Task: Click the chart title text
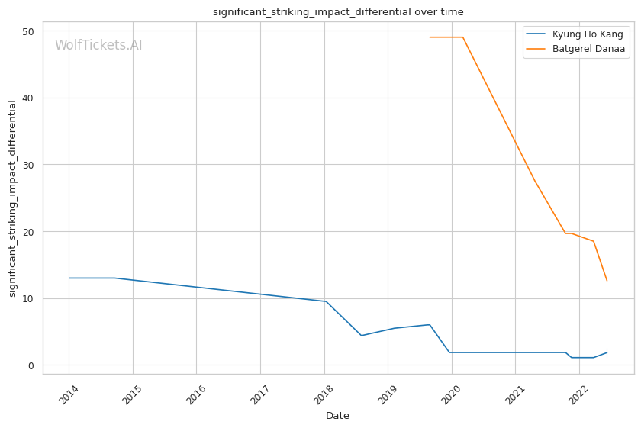coord(338,12)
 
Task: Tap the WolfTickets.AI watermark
coord(98,45)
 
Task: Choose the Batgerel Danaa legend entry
coord(588,49)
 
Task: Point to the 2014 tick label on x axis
coord(68,395)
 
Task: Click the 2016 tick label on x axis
coord(195,395)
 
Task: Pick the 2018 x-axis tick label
coord(324,395)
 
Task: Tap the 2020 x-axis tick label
coord(451,395)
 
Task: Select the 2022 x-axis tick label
coord(578,395)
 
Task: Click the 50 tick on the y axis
coord(29,31)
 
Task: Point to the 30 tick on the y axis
coord(29,165)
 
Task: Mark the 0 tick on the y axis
coord(32,365)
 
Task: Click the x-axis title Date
coord(337,416)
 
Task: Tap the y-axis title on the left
coord(12,198)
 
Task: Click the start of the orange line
coord(430,37)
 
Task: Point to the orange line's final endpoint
coord(607,281)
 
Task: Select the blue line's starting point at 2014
coord(69,278)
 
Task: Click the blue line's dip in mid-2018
coord(362,336)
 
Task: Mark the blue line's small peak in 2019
coord(430,324)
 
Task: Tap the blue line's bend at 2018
coord(326,301)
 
